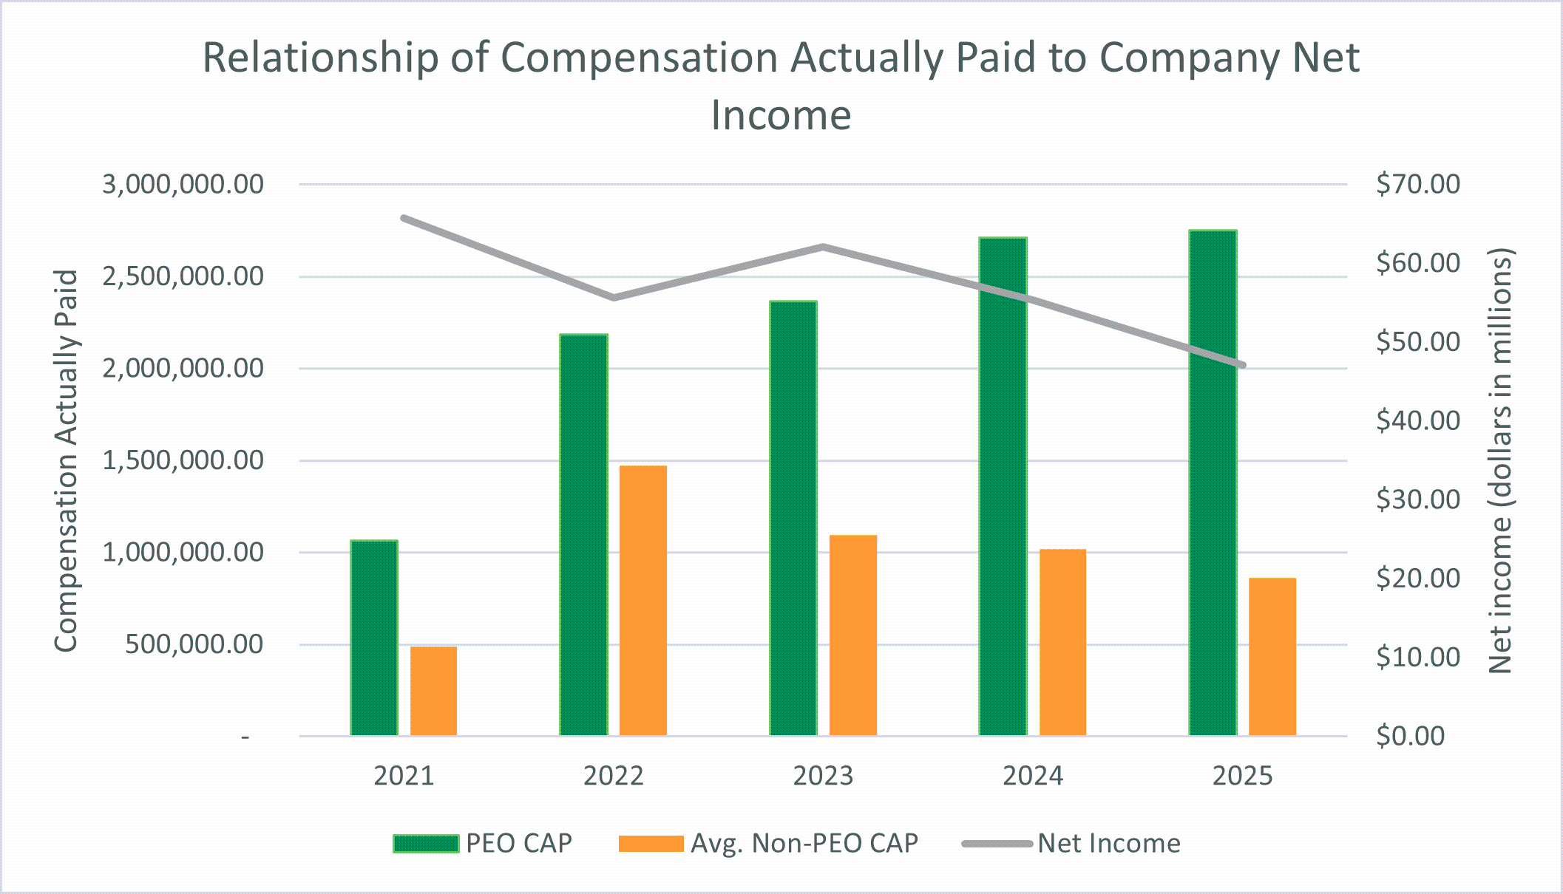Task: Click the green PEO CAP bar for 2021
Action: coord(374,638)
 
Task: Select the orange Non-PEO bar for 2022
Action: coord(643,601)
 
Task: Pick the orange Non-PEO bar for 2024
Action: coord(1062,643)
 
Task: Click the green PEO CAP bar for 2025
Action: coord(1213,483)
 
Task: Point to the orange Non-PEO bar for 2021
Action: coord(433,692)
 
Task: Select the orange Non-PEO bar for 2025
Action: coord(1272,657)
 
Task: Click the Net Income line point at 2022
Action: coord(614,298)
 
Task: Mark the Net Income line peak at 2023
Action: coord(824,247)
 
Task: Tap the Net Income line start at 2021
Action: coord(404,218)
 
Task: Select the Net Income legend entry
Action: coord(1071,843)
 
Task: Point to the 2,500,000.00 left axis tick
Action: coord(183,276)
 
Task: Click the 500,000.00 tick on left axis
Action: coord(194,644)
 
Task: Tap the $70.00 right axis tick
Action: coord(1417,184)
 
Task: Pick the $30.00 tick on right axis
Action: coord(1417,499)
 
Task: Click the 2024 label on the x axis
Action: coord(1033,776)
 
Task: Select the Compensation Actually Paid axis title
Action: coord(66,460)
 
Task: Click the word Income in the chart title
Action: coord(781,115)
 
